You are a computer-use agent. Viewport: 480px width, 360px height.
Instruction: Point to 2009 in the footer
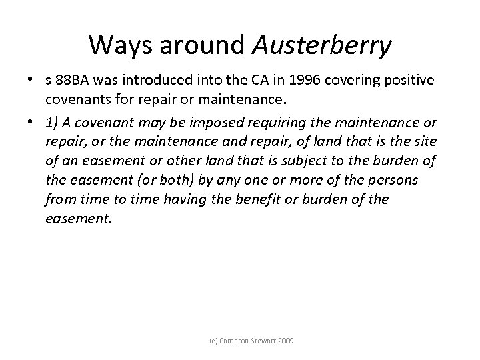[x=285, y=341]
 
